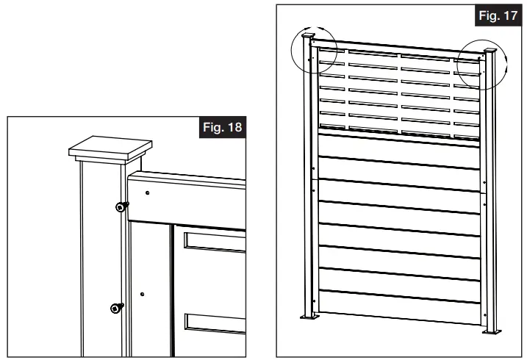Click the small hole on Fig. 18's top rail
point(148,193)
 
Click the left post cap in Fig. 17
point(308,37)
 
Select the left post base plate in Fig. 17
point(309,317)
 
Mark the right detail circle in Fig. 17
point(481,64)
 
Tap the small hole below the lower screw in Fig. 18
point(142,294)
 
